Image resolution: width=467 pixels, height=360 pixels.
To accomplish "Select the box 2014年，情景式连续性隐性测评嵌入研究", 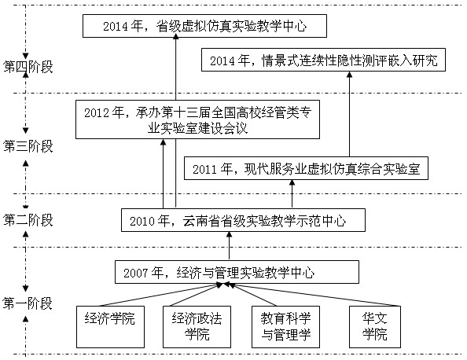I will pyautogui.click(x=324, y=60).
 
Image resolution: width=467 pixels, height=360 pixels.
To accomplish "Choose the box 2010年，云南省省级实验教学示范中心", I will pyautogui.click(x=245, y=220).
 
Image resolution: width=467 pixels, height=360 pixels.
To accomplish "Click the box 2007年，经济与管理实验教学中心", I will pyautogui.click(x=237, y=272).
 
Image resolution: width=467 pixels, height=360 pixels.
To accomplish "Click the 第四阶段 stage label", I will pyautogui.click(x=28, y=66).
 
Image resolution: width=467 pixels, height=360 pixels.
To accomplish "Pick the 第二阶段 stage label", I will pyautogui.click(x=28, y=219).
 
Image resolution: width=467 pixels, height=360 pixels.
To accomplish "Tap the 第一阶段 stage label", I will pyautogui.click(x=28, y=303).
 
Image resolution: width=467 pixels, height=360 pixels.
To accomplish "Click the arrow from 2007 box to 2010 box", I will pyautogui.click(x=230, y=246).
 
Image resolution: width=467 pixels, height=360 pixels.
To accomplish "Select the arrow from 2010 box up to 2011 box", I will pyautogui.click(x=292, y=193).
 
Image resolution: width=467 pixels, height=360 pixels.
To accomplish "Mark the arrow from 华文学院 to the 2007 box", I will pyautogui.click(x=307, y=295).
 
